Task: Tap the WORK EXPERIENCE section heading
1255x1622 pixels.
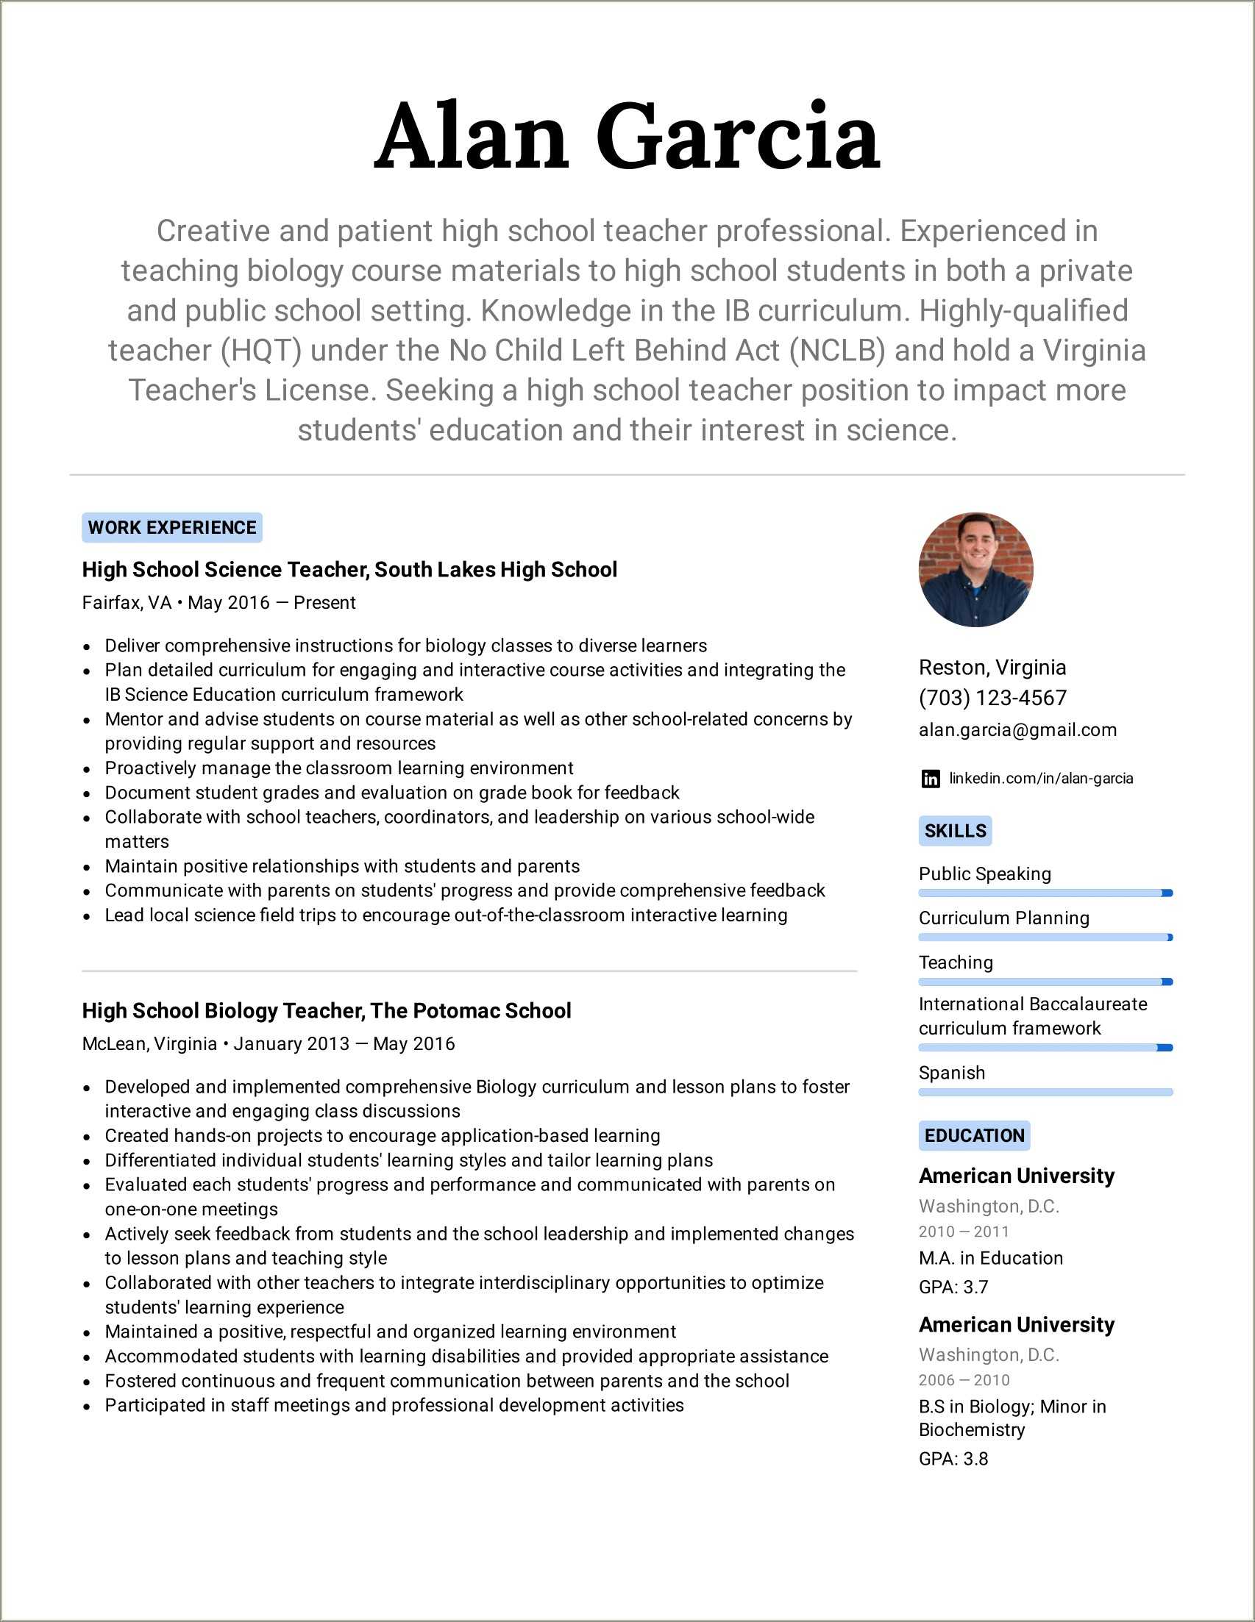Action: (x=171, y=527)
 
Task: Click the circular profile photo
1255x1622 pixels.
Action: (x=975, y=570)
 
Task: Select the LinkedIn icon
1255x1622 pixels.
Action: (x=931, y=779)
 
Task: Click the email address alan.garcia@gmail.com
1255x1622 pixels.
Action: (x=1017, y=730)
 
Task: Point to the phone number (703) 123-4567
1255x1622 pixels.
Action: (x=992, y=698)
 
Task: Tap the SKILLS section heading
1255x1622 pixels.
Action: (x=955, y=830)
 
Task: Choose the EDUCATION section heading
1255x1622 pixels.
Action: (x=974, y=1135)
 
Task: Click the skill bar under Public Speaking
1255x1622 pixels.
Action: (x=1045, y=893)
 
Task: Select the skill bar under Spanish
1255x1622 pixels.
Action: (x=1045, y=1092)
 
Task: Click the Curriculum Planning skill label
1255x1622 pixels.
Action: (x=1004, y=918)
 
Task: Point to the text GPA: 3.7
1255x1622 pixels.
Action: (x=953, y=1286)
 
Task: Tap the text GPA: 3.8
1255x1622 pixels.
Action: (x=953, y=1459)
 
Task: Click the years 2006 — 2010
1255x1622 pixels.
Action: (x=964, y=1380)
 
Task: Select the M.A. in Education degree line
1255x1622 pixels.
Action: (x=990, y=1258)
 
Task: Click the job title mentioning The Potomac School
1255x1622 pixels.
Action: (x=326, y=1011)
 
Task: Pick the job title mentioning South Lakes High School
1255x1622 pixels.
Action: (x=349, y=570)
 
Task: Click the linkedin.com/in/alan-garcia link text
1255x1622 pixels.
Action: (x=1041, y=779)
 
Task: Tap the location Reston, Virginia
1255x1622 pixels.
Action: (x=992, y=668)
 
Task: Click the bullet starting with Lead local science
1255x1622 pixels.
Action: (x=446, y=915)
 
